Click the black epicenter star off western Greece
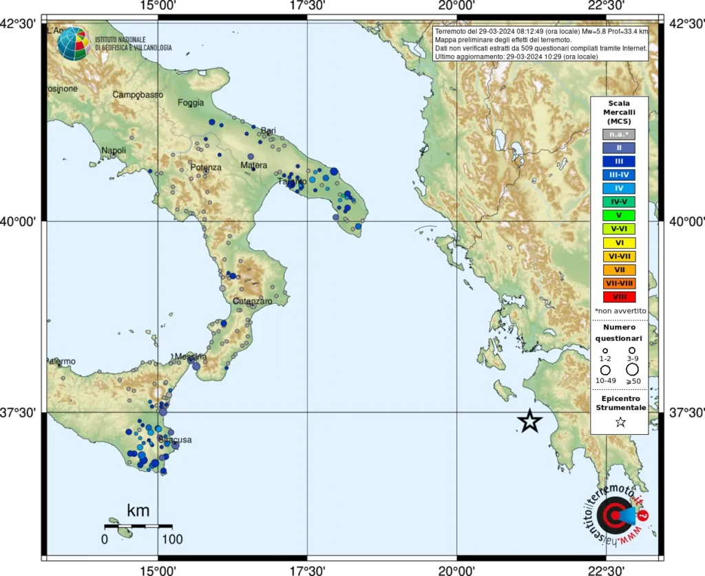click(529, 420)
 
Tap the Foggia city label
click(191, 103)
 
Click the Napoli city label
click(114, 150)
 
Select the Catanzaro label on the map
click(253, 302)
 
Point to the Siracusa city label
click(175, 440)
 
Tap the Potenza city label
click(206, 167)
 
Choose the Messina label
click(190, 357)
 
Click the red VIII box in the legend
click(618, 297)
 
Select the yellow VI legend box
click(618, 243)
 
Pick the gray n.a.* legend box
click(618, 134)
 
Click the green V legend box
click(618, 216)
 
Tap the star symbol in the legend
click(620, 422)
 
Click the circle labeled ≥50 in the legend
click(632, 369)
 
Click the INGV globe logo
click(72, 44)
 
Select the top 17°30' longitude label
click(307, 6)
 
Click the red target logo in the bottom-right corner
click(611, 514)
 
